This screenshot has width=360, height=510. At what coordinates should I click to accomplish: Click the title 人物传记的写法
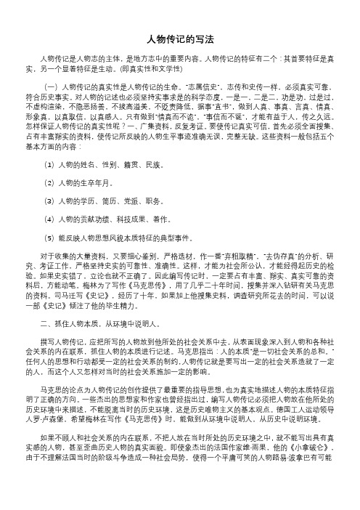coord(180,39)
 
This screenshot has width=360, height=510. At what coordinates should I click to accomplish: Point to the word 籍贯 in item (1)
coord(131,165)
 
